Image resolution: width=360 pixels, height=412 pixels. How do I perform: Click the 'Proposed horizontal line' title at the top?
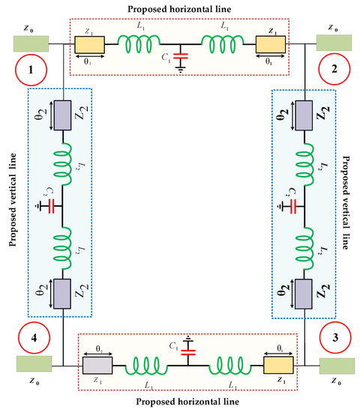(179, 7)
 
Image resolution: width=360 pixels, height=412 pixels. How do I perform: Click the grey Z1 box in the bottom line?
(97, 365)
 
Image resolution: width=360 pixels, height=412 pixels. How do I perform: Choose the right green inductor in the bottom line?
(232, 365)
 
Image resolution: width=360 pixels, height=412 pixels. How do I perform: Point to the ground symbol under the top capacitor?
(179, 67)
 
